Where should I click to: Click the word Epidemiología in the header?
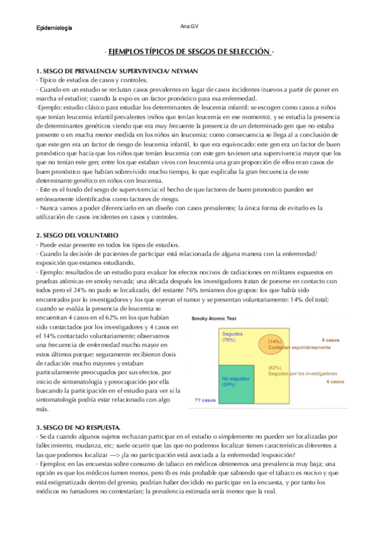coord(53,28)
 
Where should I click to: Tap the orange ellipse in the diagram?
coord(275,342)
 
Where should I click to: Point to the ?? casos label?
coord(204,400)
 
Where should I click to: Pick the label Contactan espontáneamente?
coord(290,348)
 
